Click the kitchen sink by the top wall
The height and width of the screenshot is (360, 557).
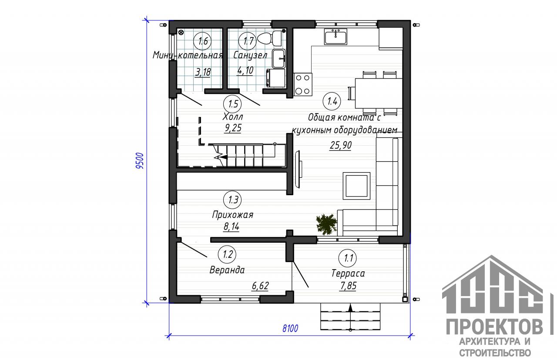(336, 37)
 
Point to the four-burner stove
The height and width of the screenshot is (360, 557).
(302, 84)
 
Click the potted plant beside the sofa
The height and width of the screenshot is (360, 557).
(326, 224)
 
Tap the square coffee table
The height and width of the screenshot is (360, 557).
(356, 186)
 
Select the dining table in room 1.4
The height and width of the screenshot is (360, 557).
(379, 93)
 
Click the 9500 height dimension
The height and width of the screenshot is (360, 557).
(140, 161)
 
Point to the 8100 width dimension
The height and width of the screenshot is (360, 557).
(290, 328)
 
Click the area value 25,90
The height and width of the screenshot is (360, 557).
(340, 145)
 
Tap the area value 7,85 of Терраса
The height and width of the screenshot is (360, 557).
(348, 286)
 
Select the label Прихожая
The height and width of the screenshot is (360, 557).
(233, 215)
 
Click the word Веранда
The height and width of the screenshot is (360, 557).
(227, 270)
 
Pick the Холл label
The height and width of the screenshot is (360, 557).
(233, 117)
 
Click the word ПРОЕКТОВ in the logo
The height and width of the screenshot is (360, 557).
(494, 327)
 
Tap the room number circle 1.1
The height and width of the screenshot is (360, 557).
(347, 258)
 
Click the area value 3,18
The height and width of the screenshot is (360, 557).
(203, 72)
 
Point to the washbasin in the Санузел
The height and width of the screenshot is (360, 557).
(279, 59)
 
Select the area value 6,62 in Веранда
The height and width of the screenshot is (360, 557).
(260, 286)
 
